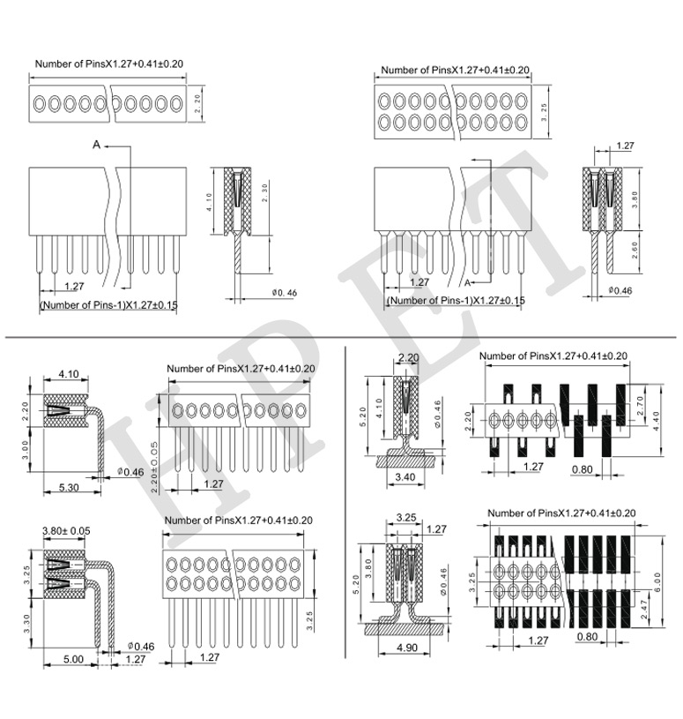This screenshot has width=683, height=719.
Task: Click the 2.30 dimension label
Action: (264, 192)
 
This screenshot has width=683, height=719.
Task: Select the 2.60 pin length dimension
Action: (635, 250)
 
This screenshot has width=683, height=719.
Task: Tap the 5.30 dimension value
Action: (69, 488)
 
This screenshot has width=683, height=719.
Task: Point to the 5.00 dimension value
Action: (73, 659)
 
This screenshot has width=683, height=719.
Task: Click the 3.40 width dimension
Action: (405, 477)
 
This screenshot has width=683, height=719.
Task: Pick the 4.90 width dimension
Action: (407, 648)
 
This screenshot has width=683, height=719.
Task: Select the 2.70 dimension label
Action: (640, 405)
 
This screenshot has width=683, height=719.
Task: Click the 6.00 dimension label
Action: (657, 581)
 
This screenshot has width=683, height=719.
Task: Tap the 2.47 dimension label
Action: (644, 610)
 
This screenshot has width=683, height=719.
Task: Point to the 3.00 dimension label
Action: (26, 450)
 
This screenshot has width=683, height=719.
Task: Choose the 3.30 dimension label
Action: (27, 624)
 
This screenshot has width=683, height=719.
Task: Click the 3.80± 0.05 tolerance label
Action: (66, 530)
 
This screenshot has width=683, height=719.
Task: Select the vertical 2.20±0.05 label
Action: (154, 468)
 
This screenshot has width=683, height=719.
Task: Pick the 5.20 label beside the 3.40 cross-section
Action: (363, 416)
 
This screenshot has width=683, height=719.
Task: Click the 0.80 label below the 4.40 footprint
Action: (583, 469)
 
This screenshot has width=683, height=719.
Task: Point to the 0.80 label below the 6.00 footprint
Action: (587, 636)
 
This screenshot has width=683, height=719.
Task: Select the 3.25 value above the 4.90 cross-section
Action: (406, 517)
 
